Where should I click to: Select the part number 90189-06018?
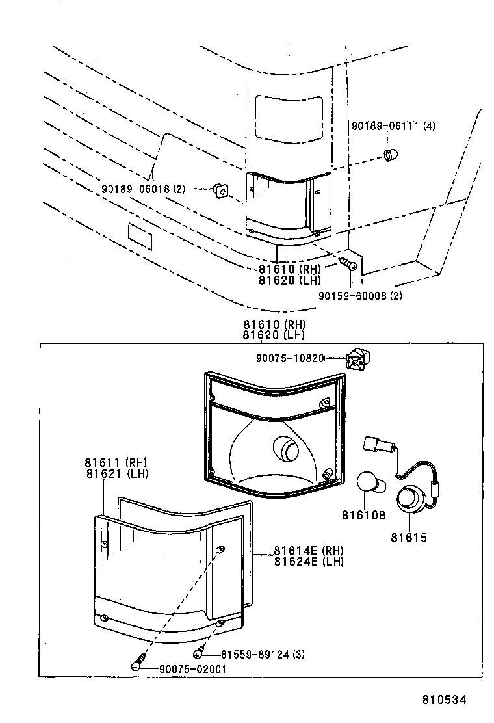click(136, 189)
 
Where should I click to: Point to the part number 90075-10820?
click(289, 358)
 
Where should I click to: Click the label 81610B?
click(363, 516)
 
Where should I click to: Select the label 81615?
click(409, 538)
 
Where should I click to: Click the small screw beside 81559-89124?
click(200, 652)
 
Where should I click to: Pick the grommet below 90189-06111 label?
click(391, 155)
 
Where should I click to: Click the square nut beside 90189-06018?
click(220, 190)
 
